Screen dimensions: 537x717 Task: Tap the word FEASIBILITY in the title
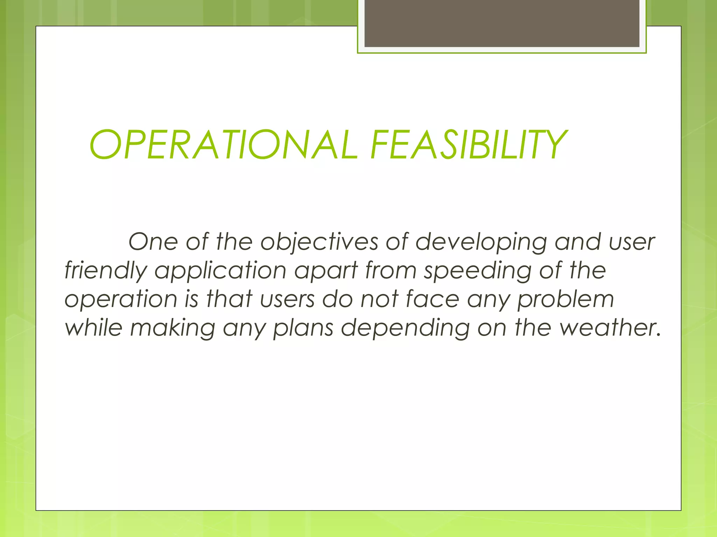tap(468, 145)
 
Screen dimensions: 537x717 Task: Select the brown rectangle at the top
tap(502, 23)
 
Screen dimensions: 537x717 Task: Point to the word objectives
tap(319, 242)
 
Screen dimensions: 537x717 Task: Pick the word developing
tap(481, 242)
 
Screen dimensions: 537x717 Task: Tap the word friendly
tap(106, 271)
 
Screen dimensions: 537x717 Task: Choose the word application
tap(221, 271)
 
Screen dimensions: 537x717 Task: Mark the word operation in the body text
tap(121, 300)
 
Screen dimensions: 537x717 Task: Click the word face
tap(432, 300)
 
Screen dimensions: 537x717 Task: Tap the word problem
tap(566, 300)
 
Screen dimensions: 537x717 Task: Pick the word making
tap(173, 328)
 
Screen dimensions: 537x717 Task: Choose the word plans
tap(303, 328)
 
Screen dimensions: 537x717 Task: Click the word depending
tap(405, 328)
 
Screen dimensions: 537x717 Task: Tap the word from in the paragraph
tap(391, 271)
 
